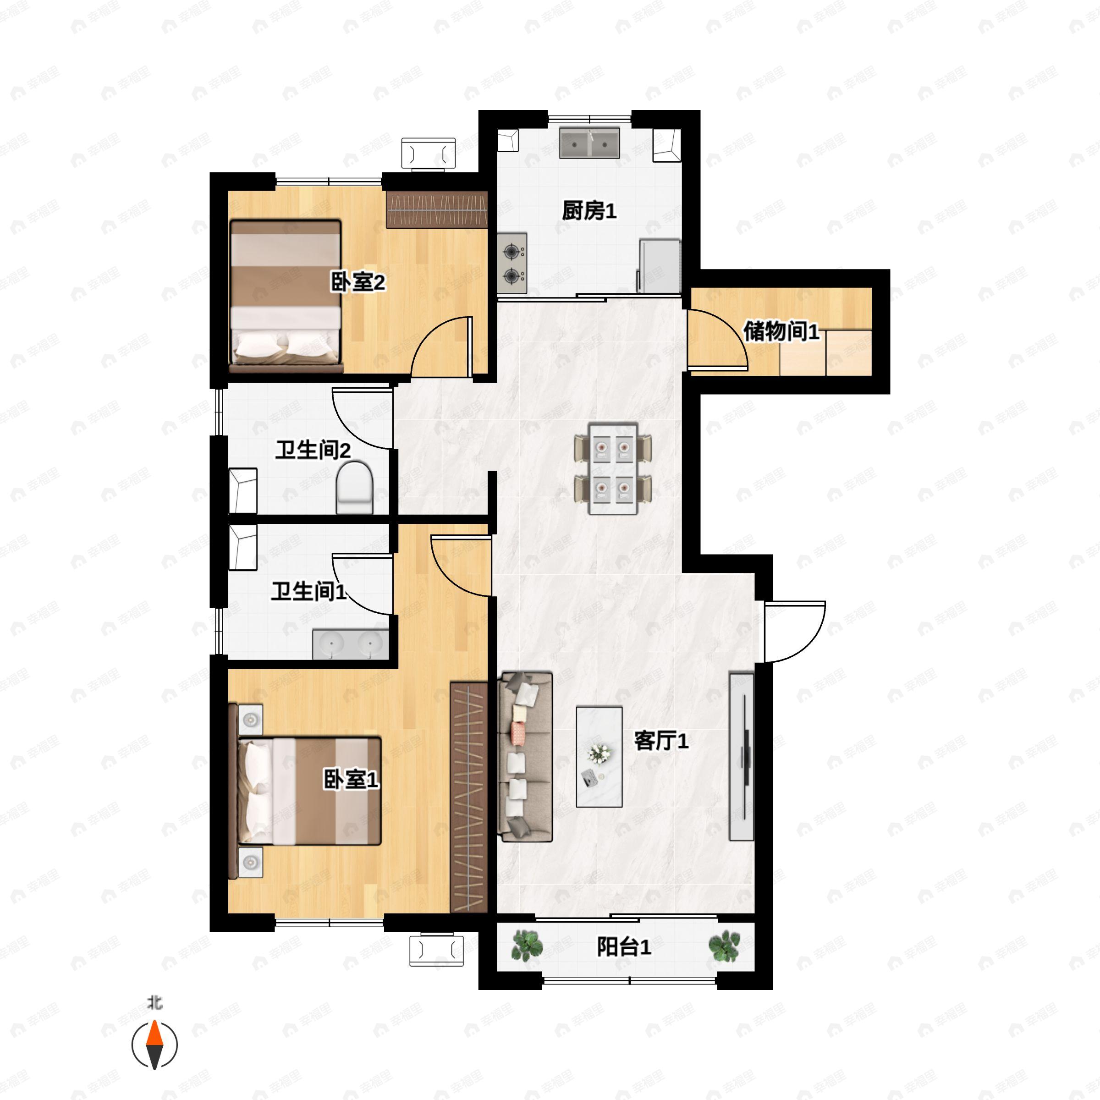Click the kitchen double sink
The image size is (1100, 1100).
click(x=589, y=143)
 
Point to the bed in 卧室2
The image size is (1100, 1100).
click(x=286, y=296)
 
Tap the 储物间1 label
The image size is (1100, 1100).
click(x=781, y=331)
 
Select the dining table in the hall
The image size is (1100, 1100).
click(x=613, y=468)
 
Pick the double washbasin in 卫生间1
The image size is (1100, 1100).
click(x=351, y=644)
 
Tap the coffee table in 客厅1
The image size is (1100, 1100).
click(x=599, y=757)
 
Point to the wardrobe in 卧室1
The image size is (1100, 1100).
click(x=468, y=797)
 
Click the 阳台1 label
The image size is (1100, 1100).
click(x=623, y=947)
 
